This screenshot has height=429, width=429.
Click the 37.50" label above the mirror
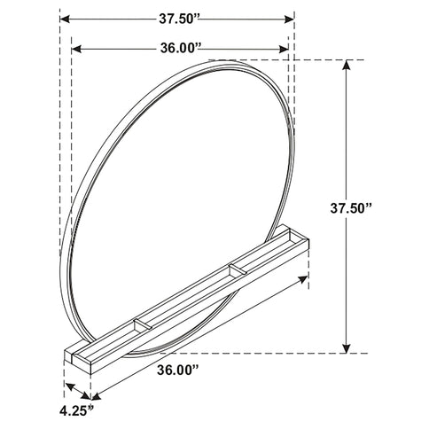click(180, 19)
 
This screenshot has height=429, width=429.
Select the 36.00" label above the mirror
click(181, 49)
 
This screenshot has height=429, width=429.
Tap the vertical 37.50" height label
click(350, 208)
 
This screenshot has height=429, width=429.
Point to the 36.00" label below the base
click(177, 370)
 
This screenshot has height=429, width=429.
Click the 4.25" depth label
click(77, 410)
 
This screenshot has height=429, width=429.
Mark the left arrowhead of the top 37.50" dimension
click(65, 19)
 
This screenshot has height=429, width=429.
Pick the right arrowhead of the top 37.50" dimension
click(289, 19)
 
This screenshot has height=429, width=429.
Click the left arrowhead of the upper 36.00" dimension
click(76, 49)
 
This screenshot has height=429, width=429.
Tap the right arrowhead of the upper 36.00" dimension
click(284, 49)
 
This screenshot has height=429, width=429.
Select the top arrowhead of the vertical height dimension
click(347, 66)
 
